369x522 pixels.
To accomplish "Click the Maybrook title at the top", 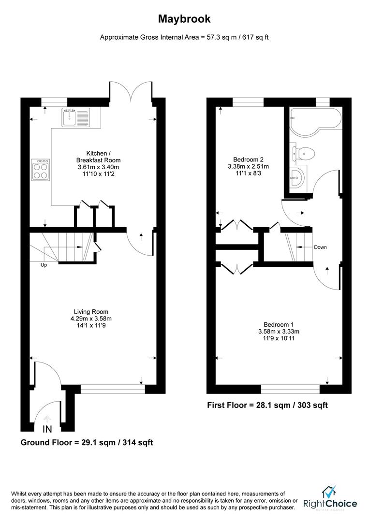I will [x=184, y=19].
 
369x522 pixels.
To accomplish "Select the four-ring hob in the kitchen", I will [x=40, y=170].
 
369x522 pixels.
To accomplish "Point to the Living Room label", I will [x=91, y=312].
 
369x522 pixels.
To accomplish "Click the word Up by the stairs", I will [x=44, y=265].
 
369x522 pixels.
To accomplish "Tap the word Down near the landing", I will [x=320, y=247].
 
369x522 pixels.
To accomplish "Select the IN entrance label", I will [x=47, y=429].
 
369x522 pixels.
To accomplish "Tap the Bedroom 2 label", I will [x=248, y=159].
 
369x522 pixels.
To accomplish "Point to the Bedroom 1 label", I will [x=279, y=324].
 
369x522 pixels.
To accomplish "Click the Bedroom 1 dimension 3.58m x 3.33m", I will [x=279, y=332].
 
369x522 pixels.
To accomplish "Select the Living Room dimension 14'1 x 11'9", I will [x=91, y=326].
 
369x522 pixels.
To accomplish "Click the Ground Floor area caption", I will [x=87, y=442].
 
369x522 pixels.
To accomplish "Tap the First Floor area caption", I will [x=267, y=405].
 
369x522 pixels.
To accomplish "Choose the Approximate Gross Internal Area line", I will [x=184, y=37].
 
